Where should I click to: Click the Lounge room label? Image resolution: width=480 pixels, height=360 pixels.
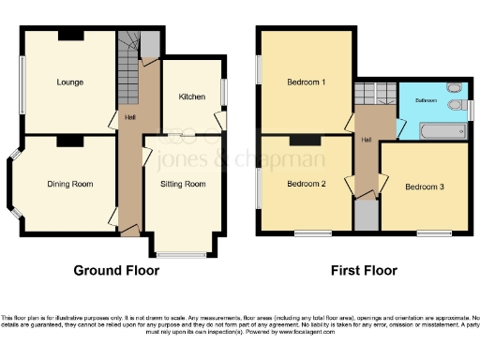click(x=70, y=82)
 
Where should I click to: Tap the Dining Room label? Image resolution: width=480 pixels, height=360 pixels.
click(x=70, y=184)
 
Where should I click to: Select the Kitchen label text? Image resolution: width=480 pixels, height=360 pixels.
click(x=192, y=97)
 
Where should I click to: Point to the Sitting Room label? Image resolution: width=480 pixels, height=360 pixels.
click(x=183, y=184)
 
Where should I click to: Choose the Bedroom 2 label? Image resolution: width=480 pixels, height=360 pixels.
click(x=306, y=184)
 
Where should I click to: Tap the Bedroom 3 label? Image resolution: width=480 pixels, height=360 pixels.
click(x=424, y=187)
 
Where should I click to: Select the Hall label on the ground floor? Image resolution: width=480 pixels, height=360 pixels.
click(x=128, y=118)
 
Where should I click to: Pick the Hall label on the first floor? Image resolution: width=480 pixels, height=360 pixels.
click(x=366, y=141)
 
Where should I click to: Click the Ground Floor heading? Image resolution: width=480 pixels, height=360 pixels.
click(x=116, y=270)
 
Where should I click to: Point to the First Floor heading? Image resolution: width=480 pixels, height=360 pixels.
click(x=364, y=270)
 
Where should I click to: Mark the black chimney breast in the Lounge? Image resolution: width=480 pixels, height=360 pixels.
click(x=70, y=36)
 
